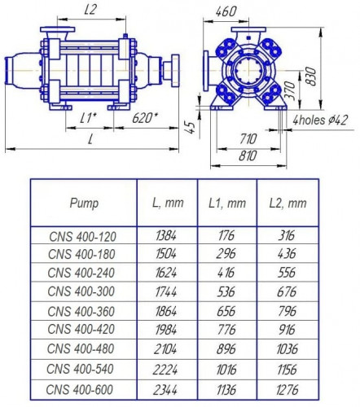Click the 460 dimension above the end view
point(229,11)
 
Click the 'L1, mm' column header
point(226,202)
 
